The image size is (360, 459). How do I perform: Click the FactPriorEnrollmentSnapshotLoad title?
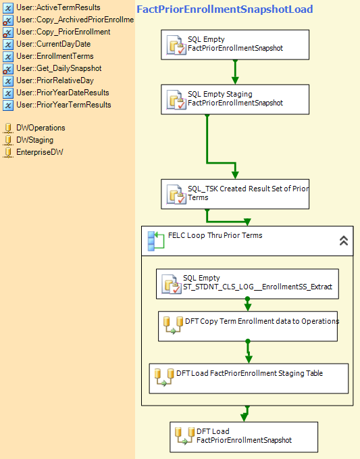click(x=225, y=9)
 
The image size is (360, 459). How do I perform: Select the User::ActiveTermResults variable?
click(x=58, y=7)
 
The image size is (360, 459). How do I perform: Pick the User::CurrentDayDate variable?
click(x=53, y=44)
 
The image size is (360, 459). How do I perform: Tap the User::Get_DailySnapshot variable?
click(x=59, y=68)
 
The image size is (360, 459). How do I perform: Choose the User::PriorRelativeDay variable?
click(x=55, y=80)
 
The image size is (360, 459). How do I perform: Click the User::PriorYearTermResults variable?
click(x=63, y=105)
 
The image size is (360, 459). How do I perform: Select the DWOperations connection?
click(x=41, y=128)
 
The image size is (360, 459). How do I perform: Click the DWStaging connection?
click(x=35, y=140)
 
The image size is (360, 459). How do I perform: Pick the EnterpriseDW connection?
click(x=40, y=152)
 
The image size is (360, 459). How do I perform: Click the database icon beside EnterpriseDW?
click(x=8, y=152)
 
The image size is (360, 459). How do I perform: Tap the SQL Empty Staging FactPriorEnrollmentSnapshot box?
click(x=235, y=99)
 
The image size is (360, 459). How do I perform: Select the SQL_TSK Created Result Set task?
click(x=235, y=194)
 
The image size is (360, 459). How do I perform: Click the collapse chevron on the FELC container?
click(x=344, y=241)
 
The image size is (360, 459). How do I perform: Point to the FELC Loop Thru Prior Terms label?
click(x=215, y=235)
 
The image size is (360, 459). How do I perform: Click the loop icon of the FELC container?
click(x=155, y=241)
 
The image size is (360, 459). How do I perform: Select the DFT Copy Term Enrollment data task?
click(x=248, y=327)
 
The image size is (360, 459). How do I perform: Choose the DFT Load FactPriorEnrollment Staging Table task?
click(x=249, y=379)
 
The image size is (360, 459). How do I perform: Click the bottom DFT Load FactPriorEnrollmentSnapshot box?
click(x=244, y=437)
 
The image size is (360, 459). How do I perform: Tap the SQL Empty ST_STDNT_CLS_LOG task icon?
click(x=172, y=284)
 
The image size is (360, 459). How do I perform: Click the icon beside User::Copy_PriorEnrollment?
click(x=8, y=32)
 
